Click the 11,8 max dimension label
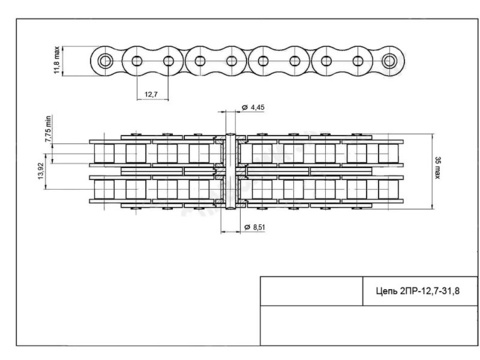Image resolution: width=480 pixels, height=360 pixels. [x=57, y=60]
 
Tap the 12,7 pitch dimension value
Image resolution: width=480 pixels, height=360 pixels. [x=151, y=94]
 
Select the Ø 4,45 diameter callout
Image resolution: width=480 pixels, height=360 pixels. [x=253, y=107]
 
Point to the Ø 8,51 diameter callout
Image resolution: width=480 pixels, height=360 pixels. [x=255, y=227]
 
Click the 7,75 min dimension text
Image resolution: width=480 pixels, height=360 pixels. [x=48, y=129]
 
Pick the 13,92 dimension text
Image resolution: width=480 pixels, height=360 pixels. [x=41, y=171]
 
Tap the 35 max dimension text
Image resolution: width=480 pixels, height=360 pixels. [x=437, y=168]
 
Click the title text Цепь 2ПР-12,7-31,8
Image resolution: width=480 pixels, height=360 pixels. [x=418, y=291]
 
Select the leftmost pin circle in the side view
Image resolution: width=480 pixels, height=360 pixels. [x=105, y=61]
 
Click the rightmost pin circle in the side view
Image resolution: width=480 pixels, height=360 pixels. [x=389, y=61]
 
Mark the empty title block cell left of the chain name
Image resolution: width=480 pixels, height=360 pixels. [x=311, y=291]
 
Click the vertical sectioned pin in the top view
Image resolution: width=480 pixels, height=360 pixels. [x=230, y=171]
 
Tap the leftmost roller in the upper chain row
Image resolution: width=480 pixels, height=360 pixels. [x=104, y=153]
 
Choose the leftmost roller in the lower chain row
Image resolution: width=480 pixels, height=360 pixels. [x=104, y=189]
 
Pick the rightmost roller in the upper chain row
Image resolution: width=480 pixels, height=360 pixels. [x=388, y=153]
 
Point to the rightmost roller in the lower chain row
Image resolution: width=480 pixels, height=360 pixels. [x=388, y=189]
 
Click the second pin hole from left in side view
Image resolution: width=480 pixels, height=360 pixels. [x=137, y=61]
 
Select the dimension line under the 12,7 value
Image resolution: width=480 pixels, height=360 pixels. [x=153, y=99]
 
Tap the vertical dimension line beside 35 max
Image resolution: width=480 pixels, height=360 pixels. [x=433, y=171]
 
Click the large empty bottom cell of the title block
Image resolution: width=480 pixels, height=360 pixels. [x=369, y=325]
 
